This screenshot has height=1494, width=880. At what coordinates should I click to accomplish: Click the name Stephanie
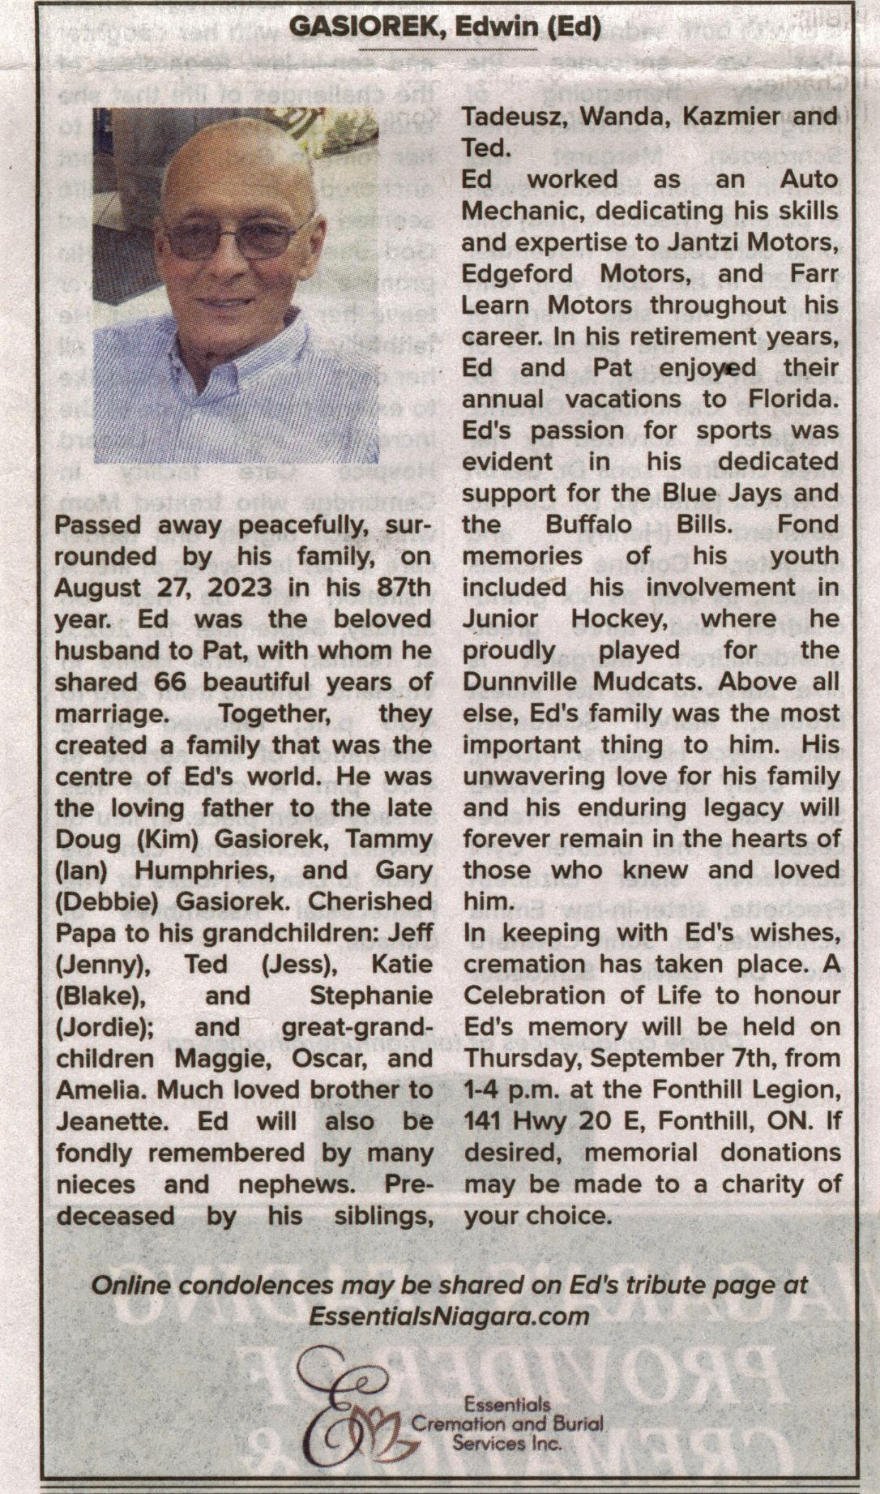point(370,995)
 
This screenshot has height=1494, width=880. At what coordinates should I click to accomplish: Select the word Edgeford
point(517,274)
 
